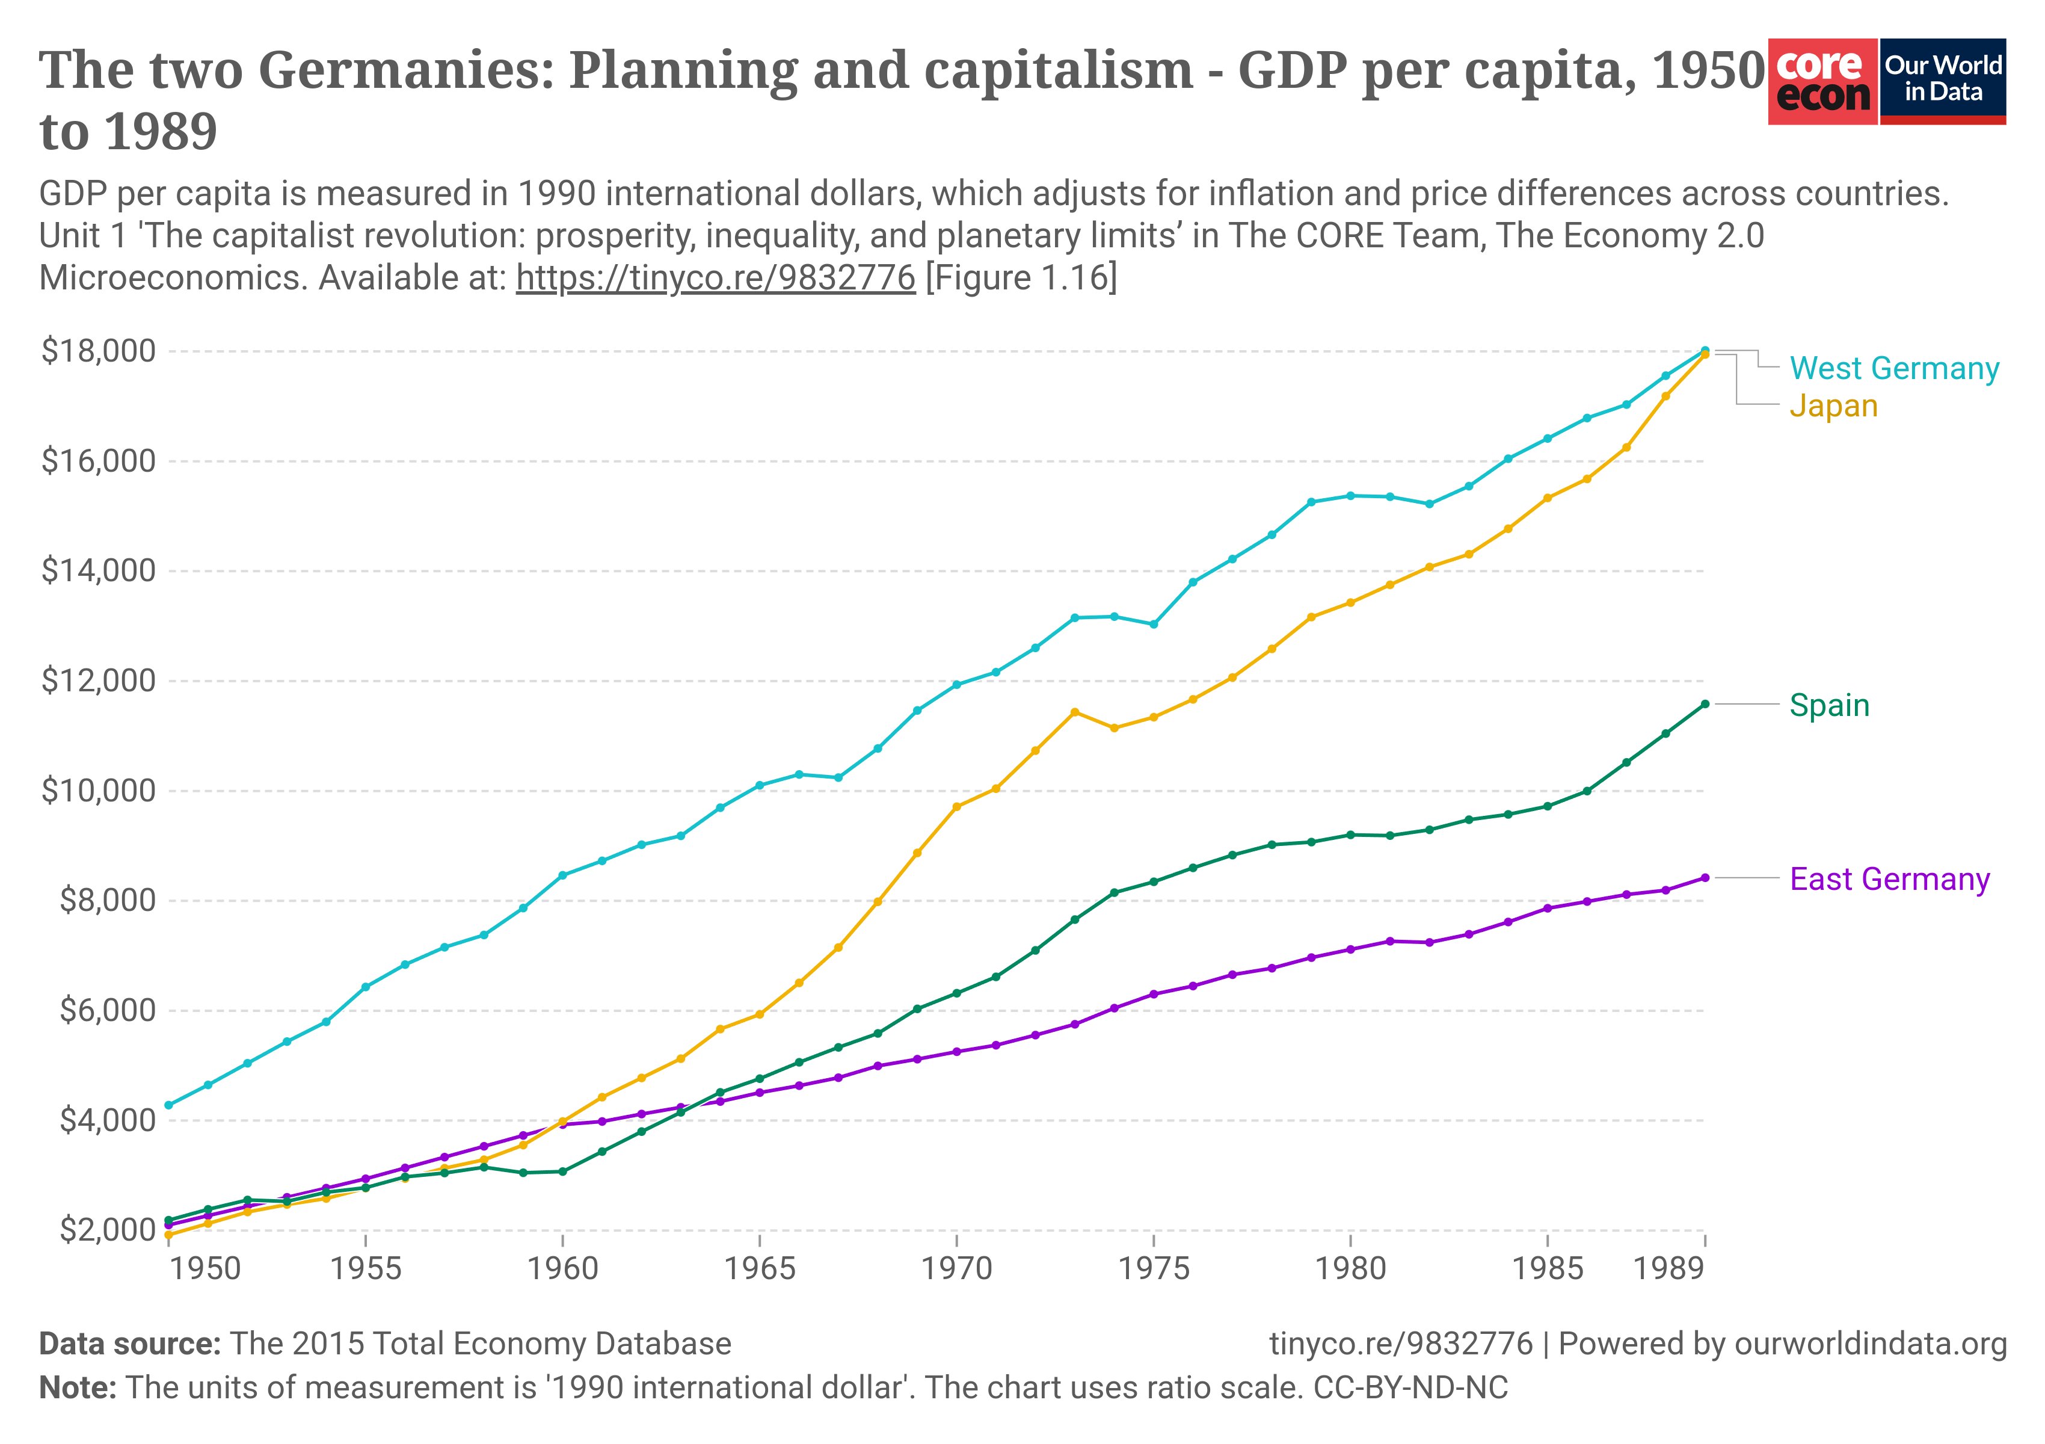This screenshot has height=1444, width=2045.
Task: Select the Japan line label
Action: [x=1833, y=406]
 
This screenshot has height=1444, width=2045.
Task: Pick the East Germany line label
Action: [x=1889, y=879]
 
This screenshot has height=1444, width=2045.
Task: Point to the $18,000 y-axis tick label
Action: [x=98, y=351]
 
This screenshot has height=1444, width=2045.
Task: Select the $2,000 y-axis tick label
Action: [x=107, y=1230]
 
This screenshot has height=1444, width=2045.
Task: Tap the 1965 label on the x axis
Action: [x=759, y=1268]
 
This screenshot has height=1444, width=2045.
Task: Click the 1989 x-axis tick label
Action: [x=1668, y=1268]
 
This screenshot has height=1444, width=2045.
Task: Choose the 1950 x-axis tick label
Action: [x=205, y=1268]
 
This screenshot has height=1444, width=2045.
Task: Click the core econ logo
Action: [x=1822, y=82]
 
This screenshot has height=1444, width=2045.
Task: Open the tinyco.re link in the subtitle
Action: [x=715, y=278]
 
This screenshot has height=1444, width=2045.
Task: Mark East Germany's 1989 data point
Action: [x=1705, y=877]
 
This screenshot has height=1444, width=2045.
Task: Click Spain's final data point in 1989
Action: [x=1705, y=704]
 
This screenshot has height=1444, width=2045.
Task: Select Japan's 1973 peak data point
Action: [x=1074, y=712]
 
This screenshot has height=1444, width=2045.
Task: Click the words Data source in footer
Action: [x=129, y=1344]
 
